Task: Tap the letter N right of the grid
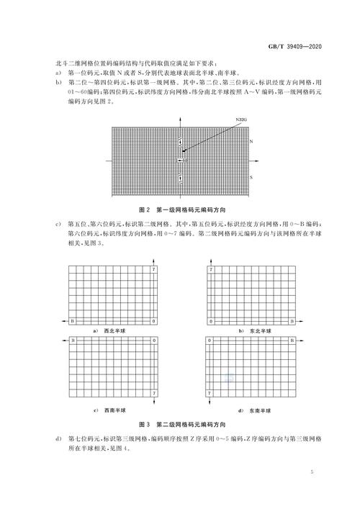coord(251,143)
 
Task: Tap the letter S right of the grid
coord(251,176)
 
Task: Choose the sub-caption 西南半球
coord(112,410)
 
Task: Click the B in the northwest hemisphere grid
coord(72,320)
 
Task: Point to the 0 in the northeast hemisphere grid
coord(211,320)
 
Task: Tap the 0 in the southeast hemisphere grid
coord(211,339)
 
